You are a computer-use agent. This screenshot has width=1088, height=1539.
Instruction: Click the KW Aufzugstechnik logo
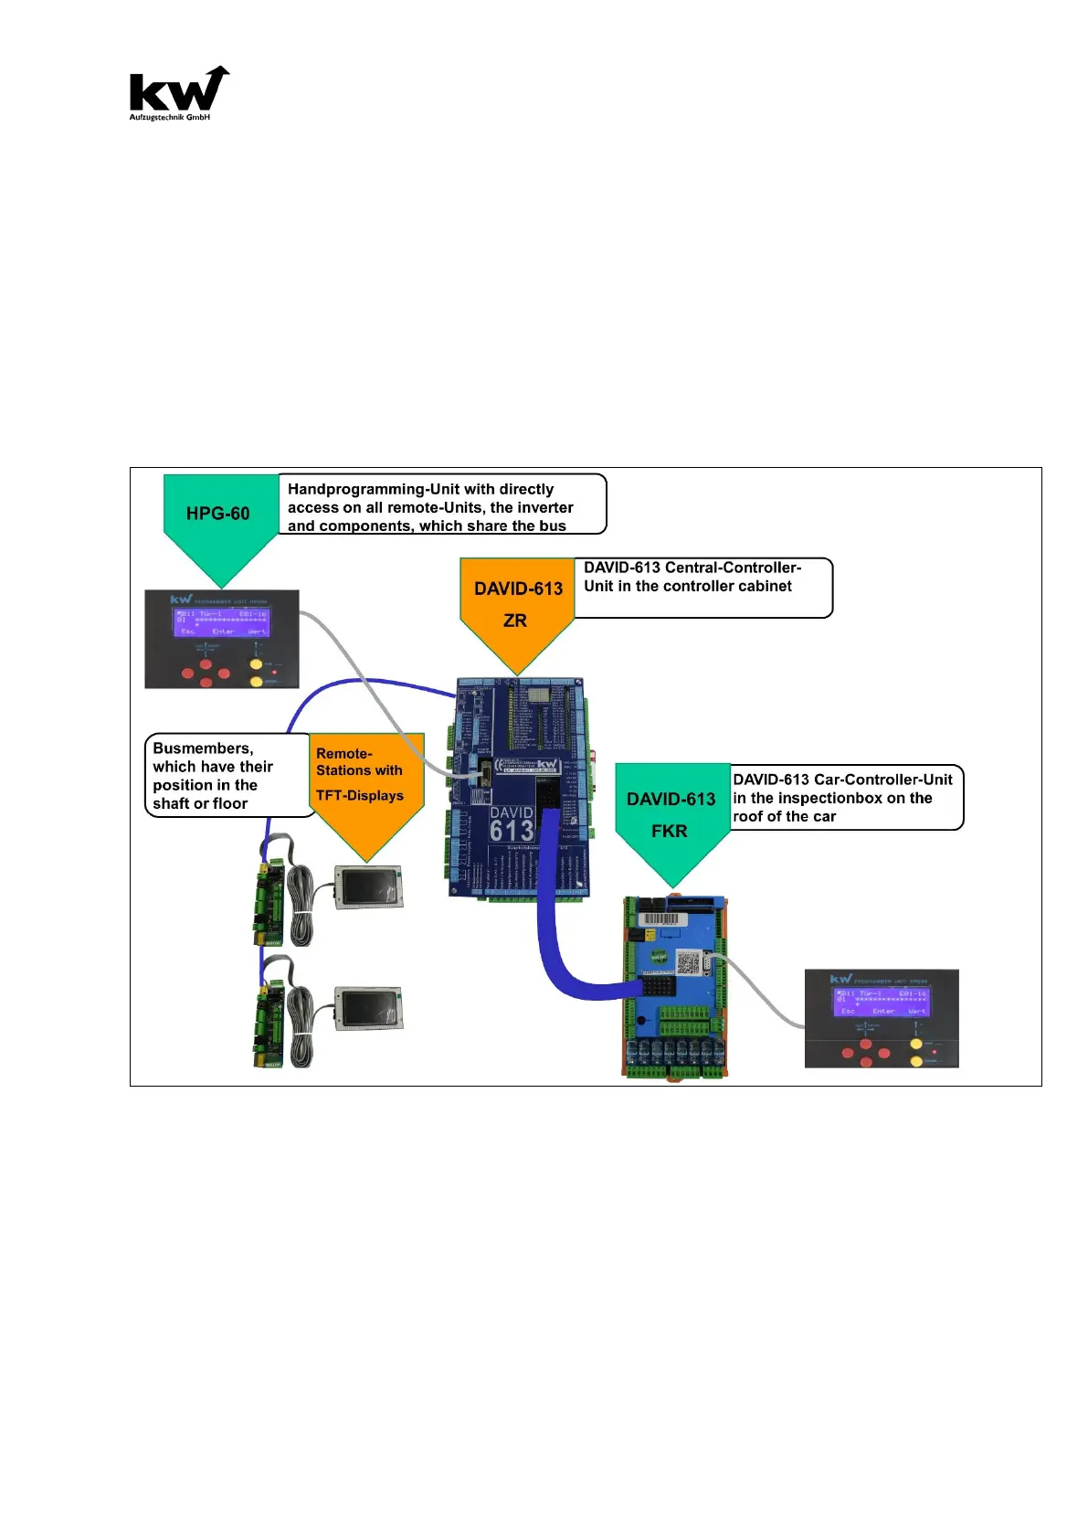[x=177, y=93]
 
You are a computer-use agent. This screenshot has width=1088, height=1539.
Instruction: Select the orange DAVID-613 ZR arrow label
[x=517, y=604]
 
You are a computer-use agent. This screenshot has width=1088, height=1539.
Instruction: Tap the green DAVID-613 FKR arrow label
[x=671, y=813]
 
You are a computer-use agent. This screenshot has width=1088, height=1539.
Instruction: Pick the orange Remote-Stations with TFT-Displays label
[x=365, y=781]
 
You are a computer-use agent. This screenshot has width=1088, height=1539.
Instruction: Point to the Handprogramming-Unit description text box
[x=440, y=506]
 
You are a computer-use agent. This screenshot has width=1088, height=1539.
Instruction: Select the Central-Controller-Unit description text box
[x=702, y=586]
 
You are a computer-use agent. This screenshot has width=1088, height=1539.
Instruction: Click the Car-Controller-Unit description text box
[x=845, y=797]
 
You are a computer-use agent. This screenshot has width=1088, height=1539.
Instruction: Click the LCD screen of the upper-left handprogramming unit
[x=222, y=621]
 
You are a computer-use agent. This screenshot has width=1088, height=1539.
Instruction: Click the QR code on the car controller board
[x=688, y=962]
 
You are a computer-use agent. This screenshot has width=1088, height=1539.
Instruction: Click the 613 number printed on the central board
[x=512, y=830]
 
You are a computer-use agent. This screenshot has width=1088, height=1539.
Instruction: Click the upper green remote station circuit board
[x=269, y=900]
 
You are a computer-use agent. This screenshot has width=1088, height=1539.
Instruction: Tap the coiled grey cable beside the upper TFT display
[x=301, y=905]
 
